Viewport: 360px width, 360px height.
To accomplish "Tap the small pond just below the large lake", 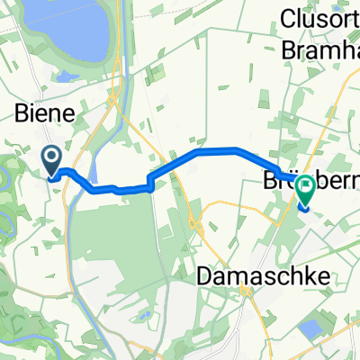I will click(67, 76).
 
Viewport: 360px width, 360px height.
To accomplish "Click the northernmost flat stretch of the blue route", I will click(216, 150).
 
